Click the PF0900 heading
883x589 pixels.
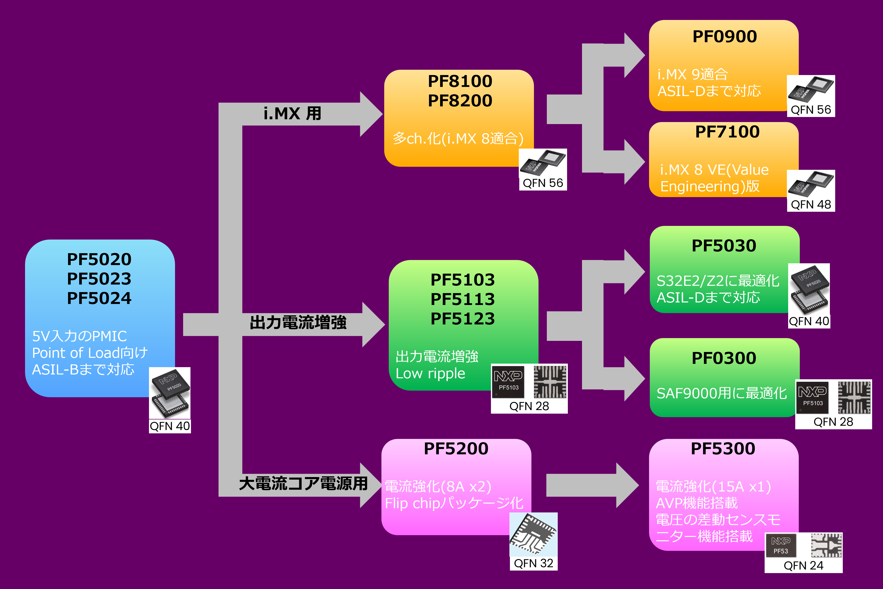coord(724,36)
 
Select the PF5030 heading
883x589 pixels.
coord(724,246)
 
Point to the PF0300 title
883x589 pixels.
coord(724,358)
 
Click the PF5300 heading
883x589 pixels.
coord(722,449)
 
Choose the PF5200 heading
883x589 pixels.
coord(456,449)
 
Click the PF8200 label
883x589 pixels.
coord(460,101)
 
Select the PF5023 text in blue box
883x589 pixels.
coord(99,279)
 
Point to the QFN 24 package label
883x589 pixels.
coord(803,565)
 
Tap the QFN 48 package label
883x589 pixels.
coord(811,204)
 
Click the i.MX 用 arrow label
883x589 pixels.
coord(292,113)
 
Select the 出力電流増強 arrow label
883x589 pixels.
coord(298,323)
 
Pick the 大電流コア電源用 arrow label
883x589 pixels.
coord(303,483)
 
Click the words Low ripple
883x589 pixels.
coord(430,373)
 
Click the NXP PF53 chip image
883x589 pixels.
coord(781,546)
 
